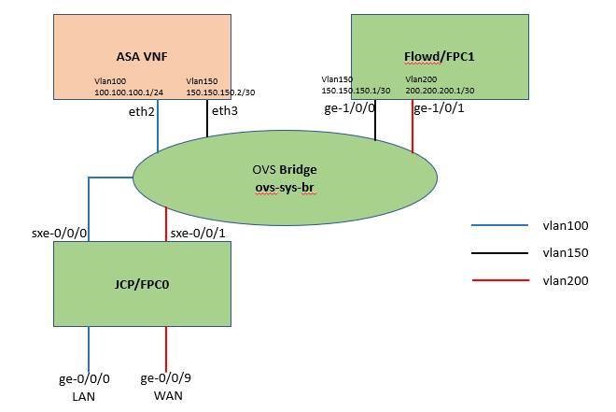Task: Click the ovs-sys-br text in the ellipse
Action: click(x=285, y=187)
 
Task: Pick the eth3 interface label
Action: click(x=225, y=111)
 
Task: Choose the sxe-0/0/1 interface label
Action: click(x=197, y=232)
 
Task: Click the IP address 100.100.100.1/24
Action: click(x=129, y=92)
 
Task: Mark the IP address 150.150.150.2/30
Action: click(x=220, y=92)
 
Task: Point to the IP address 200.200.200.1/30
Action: click(x=440, y=91)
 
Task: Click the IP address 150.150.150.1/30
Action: click(x=356, y=91)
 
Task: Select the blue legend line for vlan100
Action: click(x=496, y=225)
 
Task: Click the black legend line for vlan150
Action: click(x=496, y=252)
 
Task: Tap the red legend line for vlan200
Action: click(x=496, y=279)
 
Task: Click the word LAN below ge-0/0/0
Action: click(x=83, y=395)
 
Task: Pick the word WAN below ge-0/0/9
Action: click(x=168, y=395)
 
